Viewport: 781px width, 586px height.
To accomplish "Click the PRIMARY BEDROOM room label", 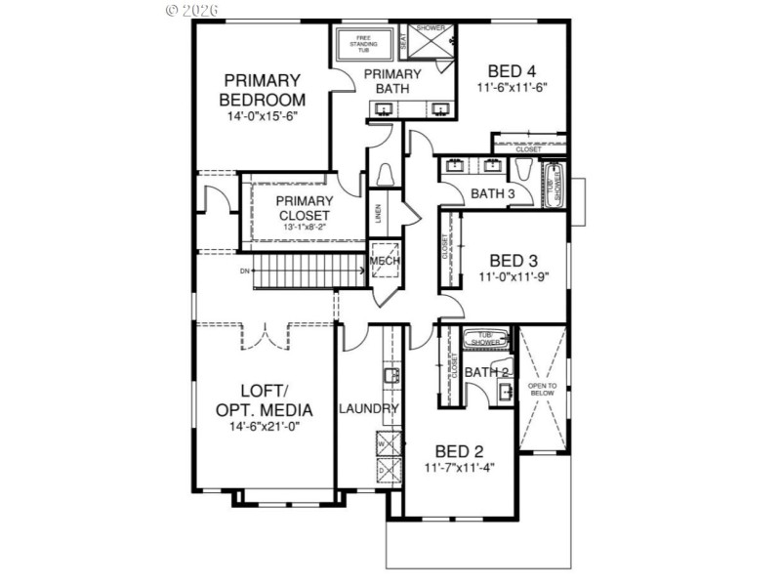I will [263, 90].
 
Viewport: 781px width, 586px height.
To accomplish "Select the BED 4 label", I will [512, 70].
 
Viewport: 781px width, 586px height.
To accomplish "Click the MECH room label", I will [384, 262].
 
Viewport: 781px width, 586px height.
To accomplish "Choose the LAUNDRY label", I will [369, 409].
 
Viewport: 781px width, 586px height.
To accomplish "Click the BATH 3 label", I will [493, 193].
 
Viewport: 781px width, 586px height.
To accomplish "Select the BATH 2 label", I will [486, 372].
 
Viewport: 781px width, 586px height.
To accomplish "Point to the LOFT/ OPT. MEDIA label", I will [264, 400].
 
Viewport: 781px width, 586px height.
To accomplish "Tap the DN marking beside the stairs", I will [245, 271].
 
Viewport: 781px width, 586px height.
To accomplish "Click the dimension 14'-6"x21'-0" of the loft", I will [264, 427].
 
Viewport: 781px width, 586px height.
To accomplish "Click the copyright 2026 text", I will [192, 10].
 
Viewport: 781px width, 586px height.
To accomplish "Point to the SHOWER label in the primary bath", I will [431, 28].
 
